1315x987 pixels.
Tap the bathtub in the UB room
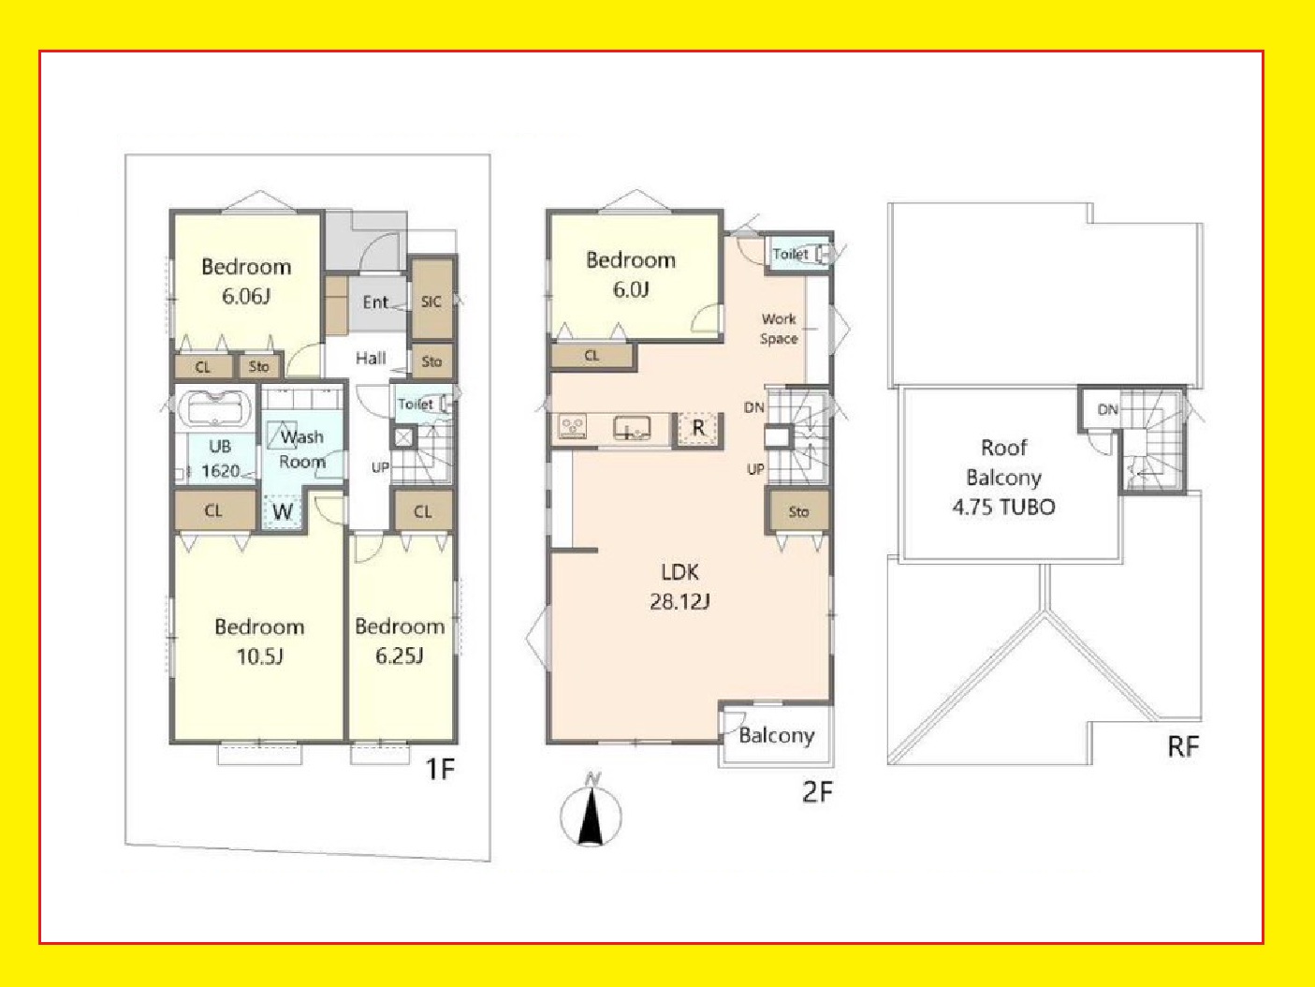pyautogui.click(x=215, y=408)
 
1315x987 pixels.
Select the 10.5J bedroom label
pyautogui.click(x=259, y=641)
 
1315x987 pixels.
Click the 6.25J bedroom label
pyautogui.click(x=400, y=641)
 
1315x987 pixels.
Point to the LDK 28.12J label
pyautogui.click(x=679, y=587)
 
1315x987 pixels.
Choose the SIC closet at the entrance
pyautogui.click(x=432, y=299)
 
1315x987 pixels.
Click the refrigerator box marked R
pyautogui.click(x=698, y=429)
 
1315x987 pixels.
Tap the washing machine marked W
pyautogui.click(x=283, y=512)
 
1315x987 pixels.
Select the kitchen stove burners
pyautogui.click(x=572, y=427)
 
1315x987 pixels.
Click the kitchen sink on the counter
pyautogui.click(x=632, y=428)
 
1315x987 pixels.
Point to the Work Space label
pyautogui.click(x=779, y=329)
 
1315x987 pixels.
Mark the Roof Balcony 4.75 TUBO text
pyautogui.click(x=1003, y=477)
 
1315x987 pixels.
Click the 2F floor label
pyautogui.click(x=817, y=792)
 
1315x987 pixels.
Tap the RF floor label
pyautogui.click(x=1183, y=746)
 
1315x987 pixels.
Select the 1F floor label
pyautogui.click(x=440, y=769)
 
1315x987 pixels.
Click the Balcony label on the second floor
pyautogui.click(x=777, y=736)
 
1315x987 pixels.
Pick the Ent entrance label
pyautogui.click(x=375, y=302)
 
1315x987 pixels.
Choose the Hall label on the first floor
pyautogui.click(x=371, y=359)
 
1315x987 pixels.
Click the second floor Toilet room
pyautogui.click(x=799, y=254)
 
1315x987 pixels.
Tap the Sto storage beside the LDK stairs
pyautogui.click(x=798, y=512)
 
